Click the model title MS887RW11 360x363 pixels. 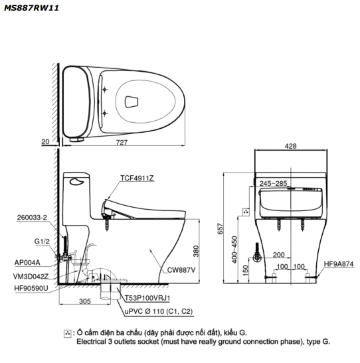[31, 8]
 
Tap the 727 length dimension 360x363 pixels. [122, 143]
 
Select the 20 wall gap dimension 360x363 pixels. [45, 141]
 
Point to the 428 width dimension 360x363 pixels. [290, 146]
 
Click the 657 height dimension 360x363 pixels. [221, 228]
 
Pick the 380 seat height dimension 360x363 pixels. [196, 252]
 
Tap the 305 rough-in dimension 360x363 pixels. [85, 301]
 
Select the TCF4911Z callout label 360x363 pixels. [137, 178]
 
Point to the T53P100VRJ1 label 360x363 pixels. [147, 298]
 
